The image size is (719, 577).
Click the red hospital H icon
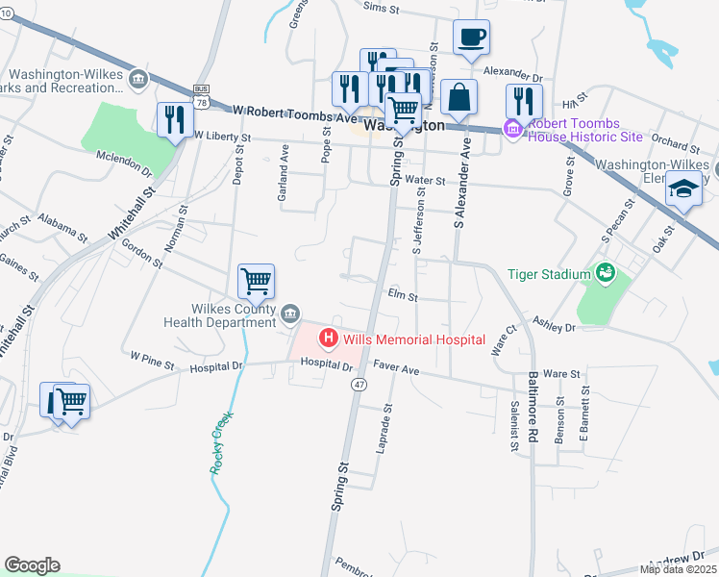pyautogui.click(x=328, y=339)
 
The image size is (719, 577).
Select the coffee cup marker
pyautogui.click(x=470, y=38)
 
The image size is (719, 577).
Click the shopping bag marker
pyautogui.click(x=460, y=98)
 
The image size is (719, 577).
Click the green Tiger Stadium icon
pyautogui.click(x=604, y=274)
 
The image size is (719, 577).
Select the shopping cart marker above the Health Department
pyautogui.click(x=256, y=282)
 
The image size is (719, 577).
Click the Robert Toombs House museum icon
pyautogui.click(x=512, y=128)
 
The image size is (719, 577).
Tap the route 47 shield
pyautogui.click(x=359, y=384)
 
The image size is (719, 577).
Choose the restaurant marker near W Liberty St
pyautogui.click(x=175, y=120)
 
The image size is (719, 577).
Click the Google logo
pyautogui.click(x=32, y=565)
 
